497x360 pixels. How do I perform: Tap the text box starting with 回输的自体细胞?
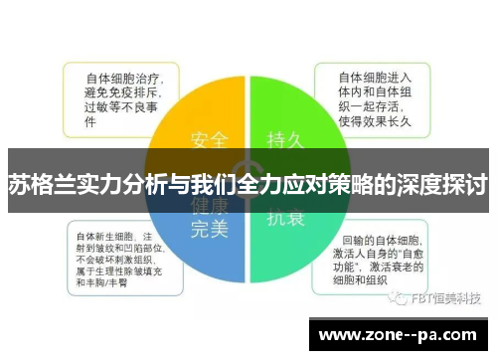pos(382,262)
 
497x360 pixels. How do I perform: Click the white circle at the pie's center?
pos(248,176)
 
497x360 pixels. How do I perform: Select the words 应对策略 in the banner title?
pos(326,184)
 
